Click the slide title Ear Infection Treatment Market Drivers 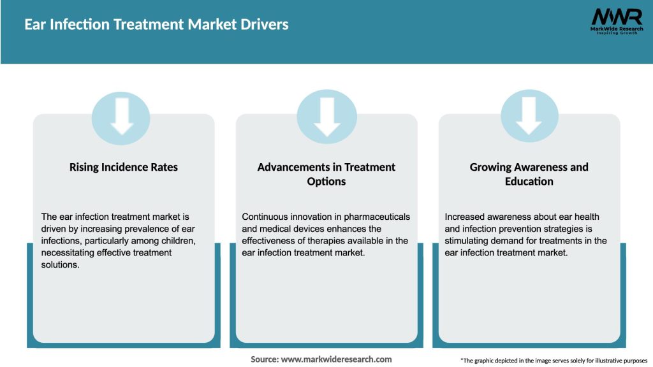tap(156, 25)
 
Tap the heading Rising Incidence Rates tap(124, 167)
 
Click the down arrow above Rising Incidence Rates tap(121, 116)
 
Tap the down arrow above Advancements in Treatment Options tap(326, 116)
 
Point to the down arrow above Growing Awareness tap(529, 116)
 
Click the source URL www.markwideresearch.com tap(336, 359)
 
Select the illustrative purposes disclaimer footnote tap(554, 361)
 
